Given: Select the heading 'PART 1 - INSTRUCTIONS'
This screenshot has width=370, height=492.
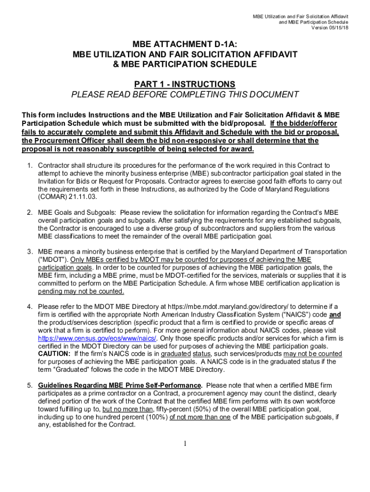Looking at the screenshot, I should point(185,84).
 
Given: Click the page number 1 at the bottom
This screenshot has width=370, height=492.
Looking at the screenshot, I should point(185,443).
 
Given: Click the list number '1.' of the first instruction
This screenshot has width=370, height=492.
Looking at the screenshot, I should point(30,166).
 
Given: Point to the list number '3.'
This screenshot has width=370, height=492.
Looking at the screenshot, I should point(30,252).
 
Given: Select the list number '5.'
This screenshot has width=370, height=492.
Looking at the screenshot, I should point(30,385).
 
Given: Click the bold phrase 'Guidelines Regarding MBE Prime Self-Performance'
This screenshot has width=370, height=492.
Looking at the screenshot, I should point(119,385).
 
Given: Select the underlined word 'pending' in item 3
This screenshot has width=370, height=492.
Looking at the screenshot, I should point(50,291).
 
